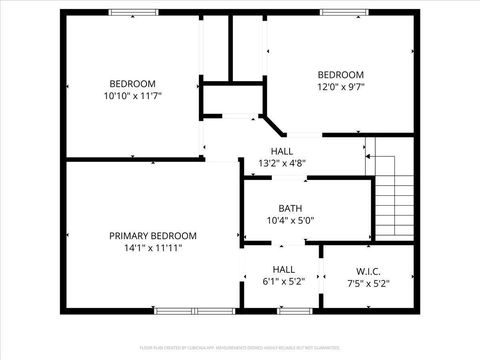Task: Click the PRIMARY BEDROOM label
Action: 153,235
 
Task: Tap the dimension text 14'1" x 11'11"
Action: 153,248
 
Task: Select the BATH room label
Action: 290,208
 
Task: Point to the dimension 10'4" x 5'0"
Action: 290,221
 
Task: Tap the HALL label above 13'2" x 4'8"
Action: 282,151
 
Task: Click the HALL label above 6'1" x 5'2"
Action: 284,269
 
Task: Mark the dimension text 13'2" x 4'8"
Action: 282,163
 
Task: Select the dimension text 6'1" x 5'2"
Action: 284,282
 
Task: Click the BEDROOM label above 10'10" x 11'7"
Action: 132,83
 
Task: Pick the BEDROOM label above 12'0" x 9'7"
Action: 340,75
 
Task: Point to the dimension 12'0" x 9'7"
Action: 340,87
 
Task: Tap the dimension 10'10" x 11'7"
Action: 132,96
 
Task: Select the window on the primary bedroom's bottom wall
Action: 184,311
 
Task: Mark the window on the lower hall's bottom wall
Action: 294,311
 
